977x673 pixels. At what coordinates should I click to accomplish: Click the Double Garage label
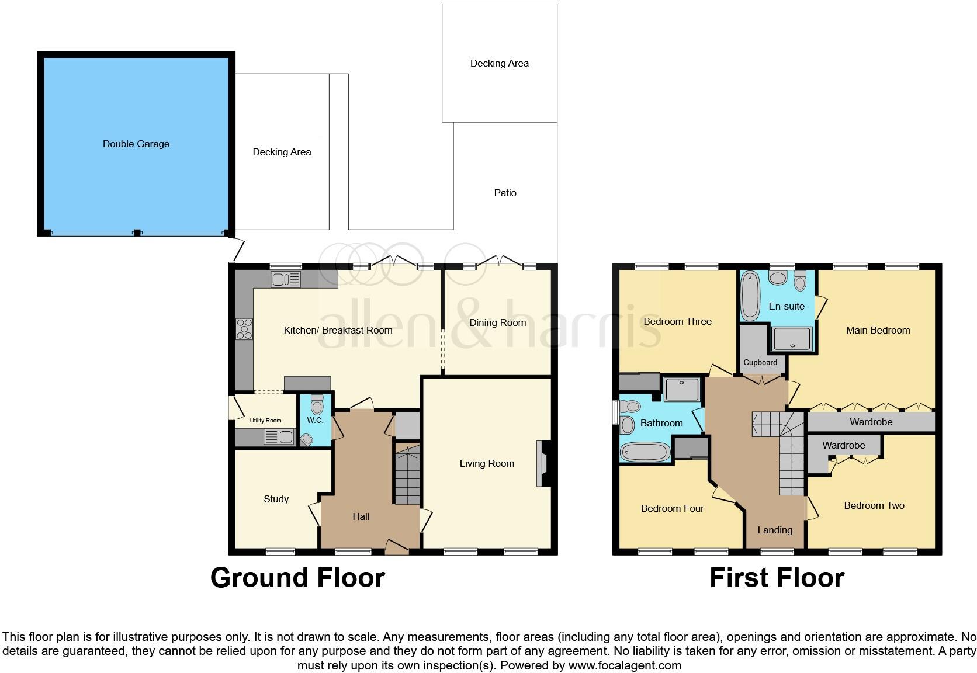136,144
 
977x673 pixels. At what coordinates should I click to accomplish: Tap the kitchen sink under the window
286,280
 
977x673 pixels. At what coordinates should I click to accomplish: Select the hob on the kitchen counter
244,329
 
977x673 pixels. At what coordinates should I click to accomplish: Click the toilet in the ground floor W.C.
317,405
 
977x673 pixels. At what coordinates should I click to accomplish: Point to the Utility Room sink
279,436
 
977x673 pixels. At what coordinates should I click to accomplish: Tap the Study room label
276,499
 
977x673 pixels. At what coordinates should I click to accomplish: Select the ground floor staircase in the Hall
407,474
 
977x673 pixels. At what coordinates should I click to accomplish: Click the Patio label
505,193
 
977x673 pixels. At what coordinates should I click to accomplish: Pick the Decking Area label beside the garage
282,152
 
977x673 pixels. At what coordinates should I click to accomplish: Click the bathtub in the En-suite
749,297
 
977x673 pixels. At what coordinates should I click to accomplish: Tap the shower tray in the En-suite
792,339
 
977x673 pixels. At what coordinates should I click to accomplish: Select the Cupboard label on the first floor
760,362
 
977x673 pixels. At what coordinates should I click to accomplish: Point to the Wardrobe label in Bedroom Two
843,445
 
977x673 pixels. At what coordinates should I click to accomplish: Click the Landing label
775,530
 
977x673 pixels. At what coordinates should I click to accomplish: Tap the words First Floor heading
777,578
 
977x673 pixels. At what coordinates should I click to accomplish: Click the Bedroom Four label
672,508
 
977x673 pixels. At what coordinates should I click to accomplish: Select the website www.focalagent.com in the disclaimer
625,665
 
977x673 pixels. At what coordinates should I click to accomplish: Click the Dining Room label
497,322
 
